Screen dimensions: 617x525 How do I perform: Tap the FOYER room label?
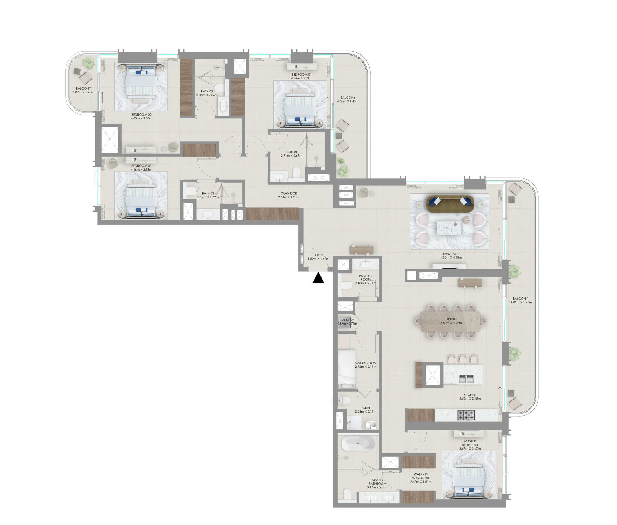(x=318, y=255)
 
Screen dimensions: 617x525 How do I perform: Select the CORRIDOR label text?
(x=288, y=193)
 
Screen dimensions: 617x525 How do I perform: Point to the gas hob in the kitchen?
(x=466, y=415)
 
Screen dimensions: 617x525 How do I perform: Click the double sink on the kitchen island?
(x=466, y=379)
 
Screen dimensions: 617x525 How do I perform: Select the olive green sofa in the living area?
(x=450, y=204)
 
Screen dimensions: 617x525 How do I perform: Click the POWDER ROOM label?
(x=365, y=278)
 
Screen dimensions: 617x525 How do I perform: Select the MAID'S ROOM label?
(x=365, y=363)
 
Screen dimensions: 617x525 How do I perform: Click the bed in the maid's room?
(x=347, y=369)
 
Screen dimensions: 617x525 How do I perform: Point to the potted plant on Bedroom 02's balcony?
(x=88, y=63)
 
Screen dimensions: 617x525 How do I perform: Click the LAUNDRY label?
(x=347, y=320)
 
